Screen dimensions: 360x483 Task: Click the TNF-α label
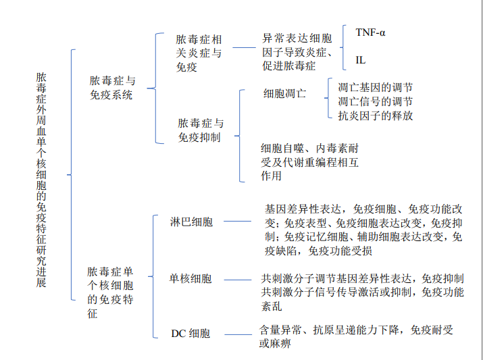[371, 32]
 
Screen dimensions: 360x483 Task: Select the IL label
[361, 60]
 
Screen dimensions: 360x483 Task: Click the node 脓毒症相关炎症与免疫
[198, 53]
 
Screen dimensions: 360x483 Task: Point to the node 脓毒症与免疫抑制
[201, 130]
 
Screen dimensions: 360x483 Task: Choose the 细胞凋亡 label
[284, 93]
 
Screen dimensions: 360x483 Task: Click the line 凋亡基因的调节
[375, 87]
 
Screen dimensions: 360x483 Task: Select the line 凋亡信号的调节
[375, 101]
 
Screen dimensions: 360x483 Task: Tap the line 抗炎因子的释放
[375, 115]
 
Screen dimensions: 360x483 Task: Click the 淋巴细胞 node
[191, 221]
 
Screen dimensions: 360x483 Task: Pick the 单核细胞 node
[190, 278]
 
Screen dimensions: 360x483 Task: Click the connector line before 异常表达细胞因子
[246, 48]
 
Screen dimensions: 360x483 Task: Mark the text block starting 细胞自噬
[310, 161]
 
